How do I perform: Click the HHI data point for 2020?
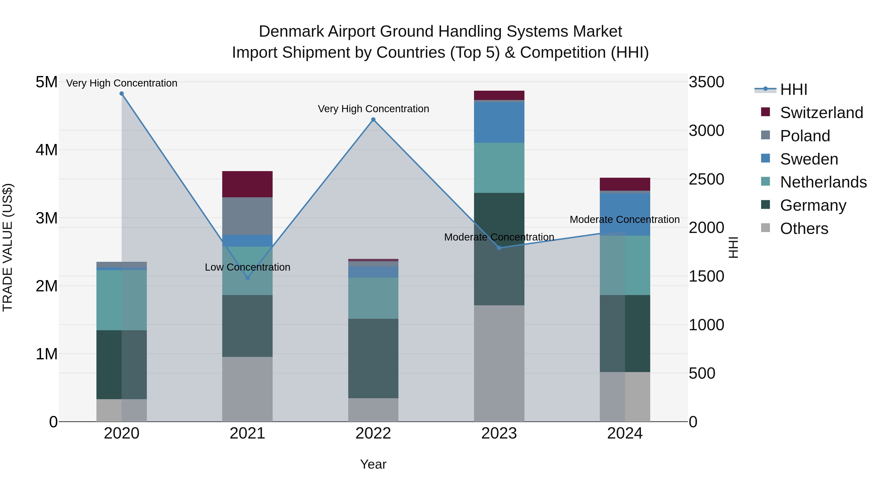[122, 94]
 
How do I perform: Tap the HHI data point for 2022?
[373, 120]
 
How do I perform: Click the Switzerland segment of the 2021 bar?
[248, 184]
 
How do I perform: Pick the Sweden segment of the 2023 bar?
[499, 122]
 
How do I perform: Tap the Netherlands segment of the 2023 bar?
[499, 168]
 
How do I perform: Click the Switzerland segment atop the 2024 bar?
[625, 184]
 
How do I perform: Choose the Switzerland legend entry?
[822, 113]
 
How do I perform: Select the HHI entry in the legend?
[793, 89]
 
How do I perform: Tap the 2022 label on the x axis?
[373, 433]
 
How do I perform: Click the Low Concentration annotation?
[248, 267]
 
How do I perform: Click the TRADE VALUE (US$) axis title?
[8, 247]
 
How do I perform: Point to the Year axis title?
[373, 464]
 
